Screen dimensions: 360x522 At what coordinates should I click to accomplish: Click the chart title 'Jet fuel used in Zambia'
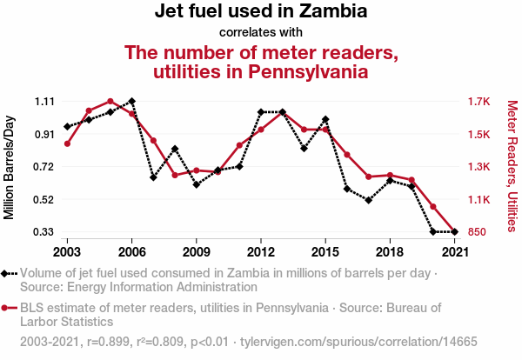260,13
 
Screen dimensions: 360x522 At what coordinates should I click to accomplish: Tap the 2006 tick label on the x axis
131,251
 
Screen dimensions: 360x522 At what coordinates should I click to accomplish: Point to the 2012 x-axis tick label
261,251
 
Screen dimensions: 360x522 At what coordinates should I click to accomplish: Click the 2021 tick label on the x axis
454,251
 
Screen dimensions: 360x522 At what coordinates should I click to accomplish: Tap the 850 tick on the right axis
477,232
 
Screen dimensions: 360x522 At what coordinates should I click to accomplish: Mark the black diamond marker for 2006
131,101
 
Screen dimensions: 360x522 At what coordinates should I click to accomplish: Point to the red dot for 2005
110,102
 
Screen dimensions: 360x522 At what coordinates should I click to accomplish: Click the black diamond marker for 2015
325,119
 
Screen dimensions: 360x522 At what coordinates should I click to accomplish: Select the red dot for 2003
67,143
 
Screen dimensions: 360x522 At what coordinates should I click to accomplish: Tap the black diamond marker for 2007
153,177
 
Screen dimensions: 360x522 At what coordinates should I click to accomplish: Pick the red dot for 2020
432,207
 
